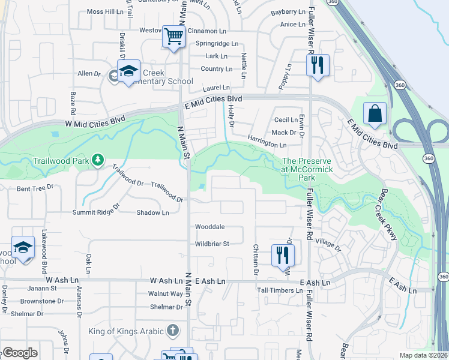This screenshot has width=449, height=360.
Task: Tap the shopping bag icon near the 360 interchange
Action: coord(375,114)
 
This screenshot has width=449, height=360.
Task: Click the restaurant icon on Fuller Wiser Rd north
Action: coord(318,64)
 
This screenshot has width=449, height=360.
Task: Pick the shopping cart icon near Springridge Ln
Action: coord(174,36)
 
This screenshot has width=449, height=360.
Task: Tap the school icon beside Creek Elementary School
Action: coord(128,72)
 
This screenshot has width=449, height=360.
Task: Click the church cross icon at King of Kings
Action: coord(173,331)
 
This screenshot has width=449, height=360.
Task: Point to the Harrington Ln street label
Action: coord(267,145)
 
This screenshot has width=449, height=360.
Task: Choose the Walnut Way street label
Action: coord(166,294)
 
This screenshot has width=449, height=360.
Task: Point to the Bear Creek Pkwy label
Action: coord(388,215)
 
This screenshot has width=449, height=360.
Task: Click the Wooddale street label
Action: coord(210,227)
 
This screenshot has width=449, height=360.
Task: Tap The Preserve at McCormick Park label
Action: coord(307,169)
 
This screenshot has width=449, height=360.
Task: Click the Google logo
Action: coord(19,353)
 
